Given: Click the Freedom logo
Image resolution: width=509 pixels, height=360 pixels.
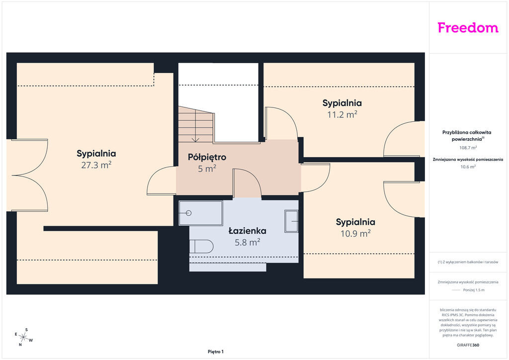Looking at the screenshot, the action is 468,28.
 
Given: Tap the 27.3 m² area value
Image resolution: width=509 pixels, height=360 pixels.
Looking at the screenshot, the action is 96,165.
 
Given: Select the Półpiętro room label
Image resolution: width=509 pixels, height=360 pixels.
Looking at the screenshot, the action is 207,158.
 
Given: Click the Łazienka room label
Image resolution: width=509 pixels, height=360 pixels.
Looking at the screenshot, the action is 248,231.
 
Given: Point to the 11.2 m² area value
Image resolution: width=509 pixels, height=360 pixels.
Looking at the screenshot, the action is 342,114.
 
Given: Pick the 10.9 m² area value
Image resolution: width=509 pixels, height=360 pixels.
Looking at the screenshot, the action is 355,233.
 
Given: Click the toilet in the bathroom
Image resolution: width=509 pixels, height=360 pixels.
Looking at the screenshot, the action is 201,247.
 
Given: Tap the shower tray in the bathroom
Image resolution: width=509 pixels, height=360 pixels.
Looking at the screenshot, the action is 201,213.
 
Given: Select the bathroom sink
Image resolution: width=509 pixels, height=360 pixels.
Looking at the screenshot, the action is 291,221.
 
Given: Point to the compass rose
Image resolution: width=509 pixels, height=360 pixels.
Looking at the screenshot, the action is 23,337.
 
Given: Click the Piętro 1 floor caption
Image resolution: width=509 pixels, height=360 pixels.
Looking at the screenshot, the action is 216,352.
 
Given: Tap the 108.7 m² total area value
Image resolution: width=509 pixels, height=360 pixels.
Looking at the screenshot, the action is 468,148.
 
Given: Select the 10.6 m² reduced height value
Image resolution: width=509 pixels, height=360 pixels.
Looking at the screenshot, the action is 468,167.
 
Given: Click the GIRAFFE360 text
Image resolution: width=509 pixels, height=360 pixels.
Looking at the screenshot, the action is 468,345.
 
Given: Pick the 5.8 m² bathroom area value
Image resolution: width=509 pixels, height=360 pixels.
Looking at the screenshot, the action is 248,242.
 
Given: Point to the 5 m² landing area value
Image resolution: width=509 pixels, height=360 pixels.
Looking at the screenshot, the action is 207,169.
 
